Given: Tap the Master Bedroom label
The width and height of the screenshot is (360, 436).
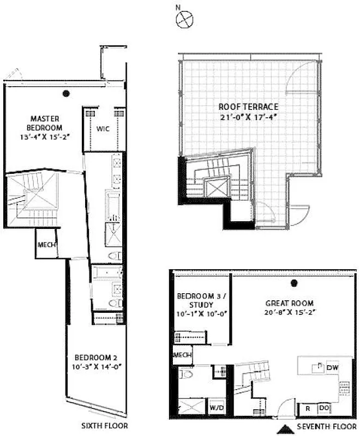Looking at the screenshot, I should pyautogui.click(x=45, y=123).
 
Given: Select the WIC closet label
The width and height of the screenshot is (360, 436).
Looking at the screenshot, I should pyautogui.click(x=104, y=129).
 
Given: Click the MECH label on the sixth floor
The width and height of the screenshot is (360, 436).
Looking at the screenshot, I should pyautogui.click(x=47, y=245).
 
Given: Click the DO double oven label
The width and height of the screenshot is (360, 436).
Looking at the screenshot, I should pyautogui.click(x=323, y=408).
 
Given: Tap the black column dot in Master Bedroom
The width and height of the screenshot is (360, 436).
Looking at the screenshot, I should pyautogui.click(x=66, y=93).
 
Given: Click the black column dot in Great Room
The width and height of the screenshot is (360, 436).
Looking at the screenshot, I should pyautogui.click(x=295, y=283).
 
